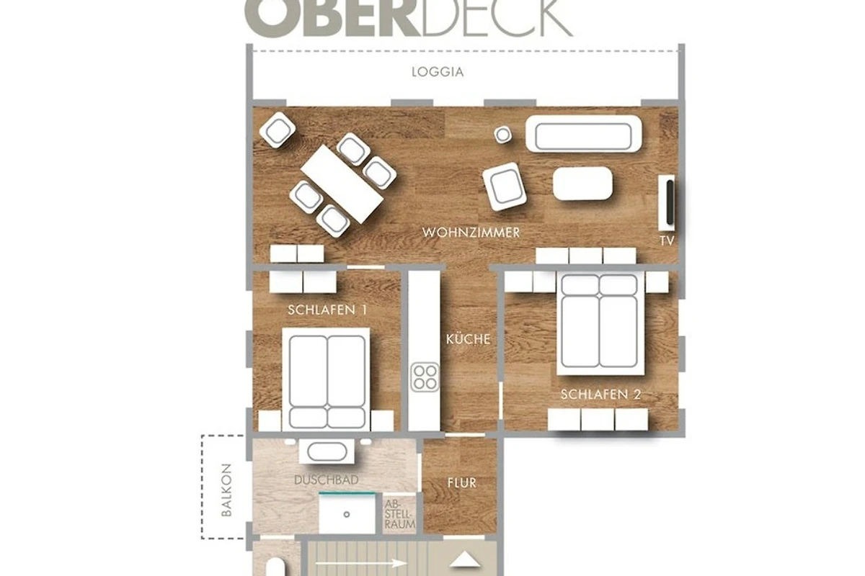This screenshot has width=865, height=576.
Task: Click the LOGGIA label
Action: (x=438, y=72)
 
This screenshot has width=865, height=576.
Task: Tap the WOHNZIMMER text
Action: (x=471, y=233)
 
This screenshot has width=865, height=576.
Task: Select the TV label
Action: (x=667, y=240)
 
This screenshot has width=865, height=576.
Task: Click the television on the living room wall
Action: (x=670, y=202)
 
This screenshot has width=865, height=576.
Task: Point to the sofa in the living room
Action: (x=583, y=134)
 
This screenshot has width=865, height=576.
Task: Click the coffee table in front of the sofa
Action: (x=582, y=184)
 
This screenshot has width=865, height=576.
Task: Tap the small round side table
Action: (x=503, y=135)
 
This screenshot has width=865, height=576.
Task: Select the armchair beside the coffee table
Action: (x=505, y=186)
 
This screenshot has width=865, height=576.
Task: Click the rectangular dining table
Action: (x=342, y=184)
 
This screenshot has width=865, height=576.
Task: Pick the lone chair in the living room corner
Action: (x=278, y=130)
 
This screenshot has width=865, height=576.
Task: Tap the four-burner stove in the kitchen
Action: (x=425, y=377)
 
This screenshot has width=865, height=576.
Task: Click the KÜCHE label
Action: (x=468, y=339)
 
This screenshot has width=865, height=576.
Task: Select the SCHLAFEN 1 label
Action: (x=327, y=310)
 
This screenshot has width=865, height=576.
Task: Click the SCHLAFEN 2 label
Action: (x=601, y=395)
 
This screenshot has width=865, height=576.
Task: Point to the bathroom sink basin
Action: (x=327, y=451)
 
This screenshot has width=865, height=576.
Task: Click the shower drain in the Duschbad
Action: (x=347, y=514)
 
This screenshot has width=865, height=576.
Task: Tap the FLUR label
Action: (x=462, y=482)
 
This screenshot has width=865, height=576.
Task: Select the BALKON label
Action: (x=226, y=490)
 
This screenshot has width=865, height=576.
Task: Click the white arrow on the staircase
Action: (x=361, y=564)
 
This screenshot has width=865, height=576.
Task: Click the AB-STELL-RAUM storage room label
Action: (x=399, y=514)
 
